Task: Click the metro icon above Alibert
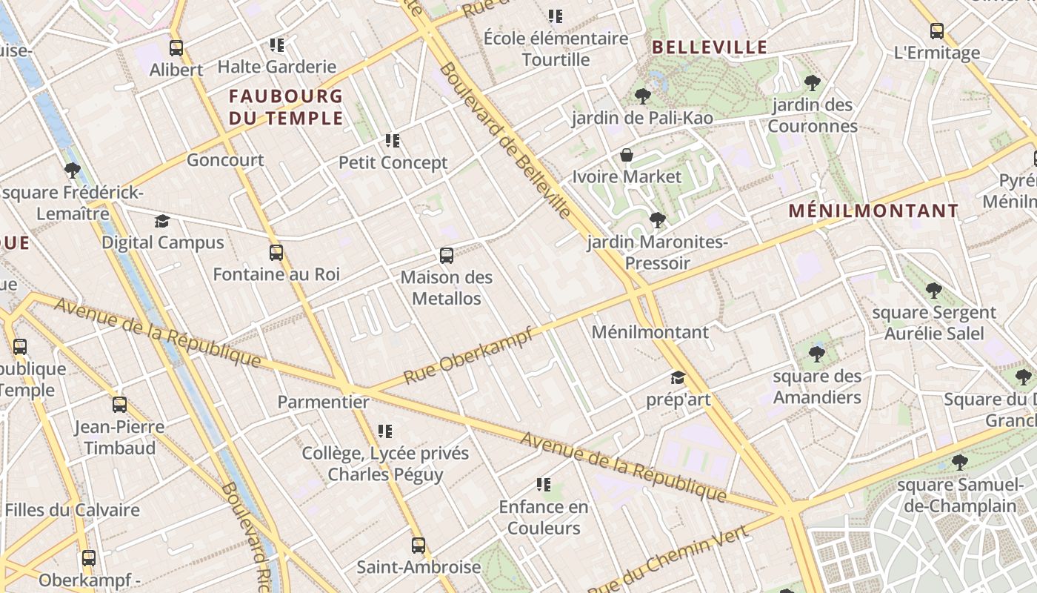point(176,48)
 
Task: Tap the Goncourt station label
point(225,160)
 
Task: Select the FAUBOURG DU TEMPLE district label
point(286,107)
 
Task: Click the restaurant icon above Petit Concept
point(393,140)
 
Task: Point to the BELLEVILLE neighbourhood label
point(710,47)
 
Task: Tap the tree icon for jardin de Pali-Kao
point(642,96)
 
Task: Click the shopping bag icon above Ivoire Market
point(627,155)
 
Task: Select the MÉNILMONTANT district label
point(873,211)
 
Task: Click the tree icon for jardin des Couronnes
point(813,82)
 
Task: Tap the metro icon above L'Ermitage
point(937,31)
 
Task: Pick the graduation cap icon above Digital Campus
point(162,221)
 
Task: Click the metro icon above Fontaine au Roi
point(276,253)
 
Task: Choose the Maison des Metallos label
point(447,288)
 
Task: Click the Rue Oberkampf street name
point(468,357)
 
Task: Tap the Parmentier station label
point(323,402)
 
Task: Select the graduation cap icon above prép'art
point(678,378)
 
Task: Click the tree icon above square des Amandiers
point(817,354)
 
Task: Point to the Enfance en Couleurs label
point(544,517)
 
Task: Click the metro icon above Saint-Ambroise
point(419,546)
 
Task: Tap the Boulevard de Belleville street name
point(506,141)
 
